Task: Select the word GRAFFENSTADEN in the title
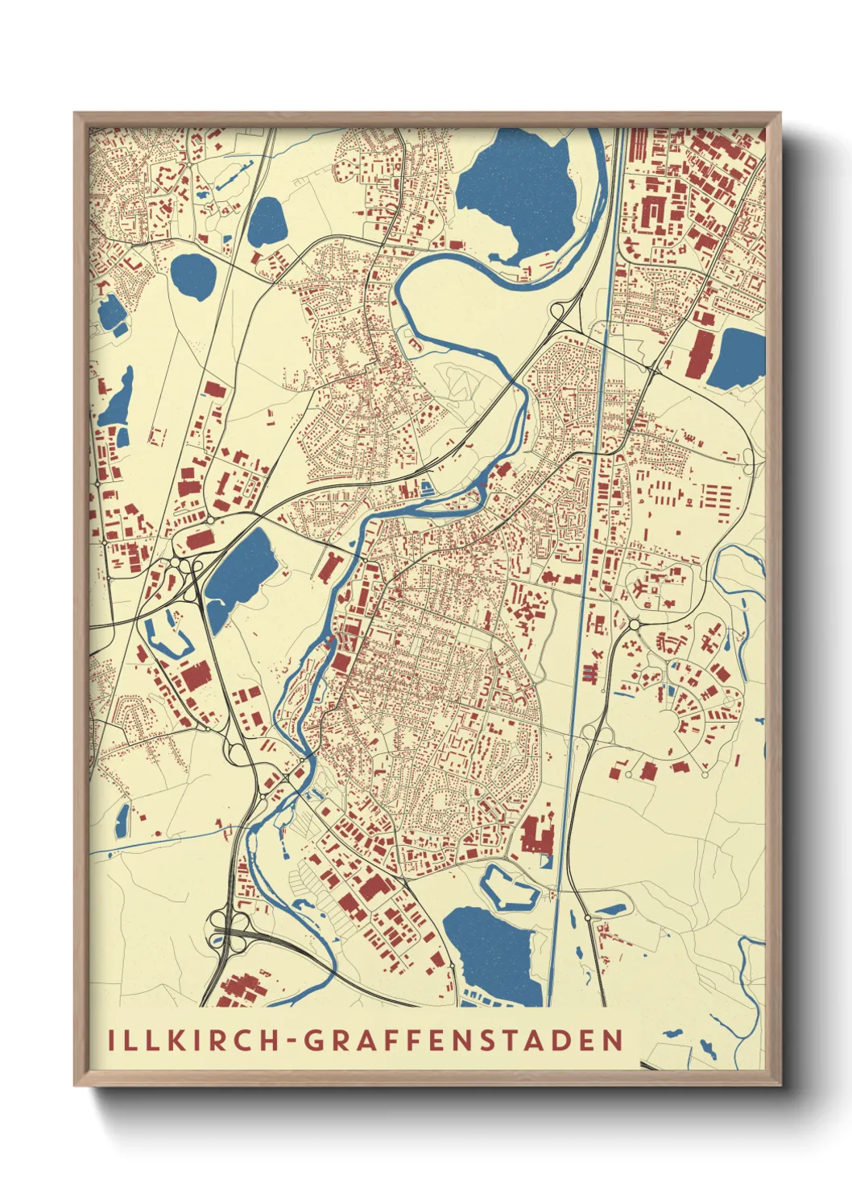(x=465, y=1040)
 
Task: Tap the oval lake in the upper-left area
(x=193, y=276)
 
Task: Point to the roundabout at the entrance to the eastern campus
(x=634, y=624)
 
